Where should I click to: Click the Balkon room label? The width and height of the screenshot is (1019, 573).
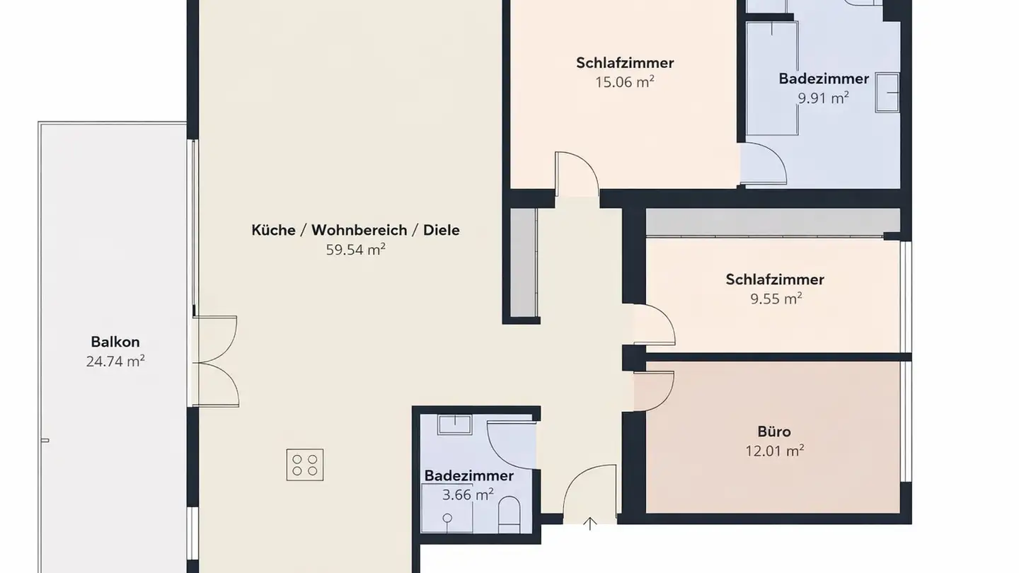pos(115,342)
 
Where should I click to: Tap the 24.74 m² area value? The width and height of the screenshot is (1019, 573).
pos(115,361)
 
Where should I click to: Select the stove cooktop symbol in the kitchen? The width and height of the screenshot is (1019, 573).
pos(305,465)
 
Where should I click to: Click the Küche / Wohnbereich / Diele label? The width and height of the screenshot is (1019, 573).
pos(355,230)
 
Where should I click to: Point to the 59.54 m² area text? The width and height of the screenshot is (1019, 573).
pos(355,249)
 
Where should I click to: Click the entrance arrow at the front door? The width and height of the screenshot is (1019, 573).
pos(589,523)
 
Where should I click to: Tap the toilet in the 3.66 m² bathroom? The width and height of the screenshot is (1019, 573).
pos(509,515)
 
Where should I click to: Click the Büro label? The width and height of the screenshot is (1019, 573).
pos(774,432)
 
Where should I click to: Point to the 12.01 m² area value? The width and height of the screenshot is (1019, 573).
pos(774,451)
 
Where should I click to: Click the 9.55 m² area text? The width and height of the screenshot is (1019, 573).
pos(776,299)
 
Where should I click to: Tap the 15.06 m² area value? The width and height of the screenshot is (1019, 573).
pos(624,82)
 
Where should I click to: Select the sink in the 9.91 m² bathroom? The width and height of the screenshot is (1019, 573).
pos(887,92)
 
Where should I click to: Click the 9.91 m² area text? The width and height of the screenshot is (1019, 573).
pos(823,98)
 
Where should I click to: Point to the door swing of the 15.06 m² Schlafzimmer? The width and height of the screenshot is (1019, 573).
pos(577,173)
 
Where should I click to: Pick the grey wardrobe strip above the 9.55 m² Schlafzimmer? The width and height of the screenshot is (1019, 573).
pos(764,222)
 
